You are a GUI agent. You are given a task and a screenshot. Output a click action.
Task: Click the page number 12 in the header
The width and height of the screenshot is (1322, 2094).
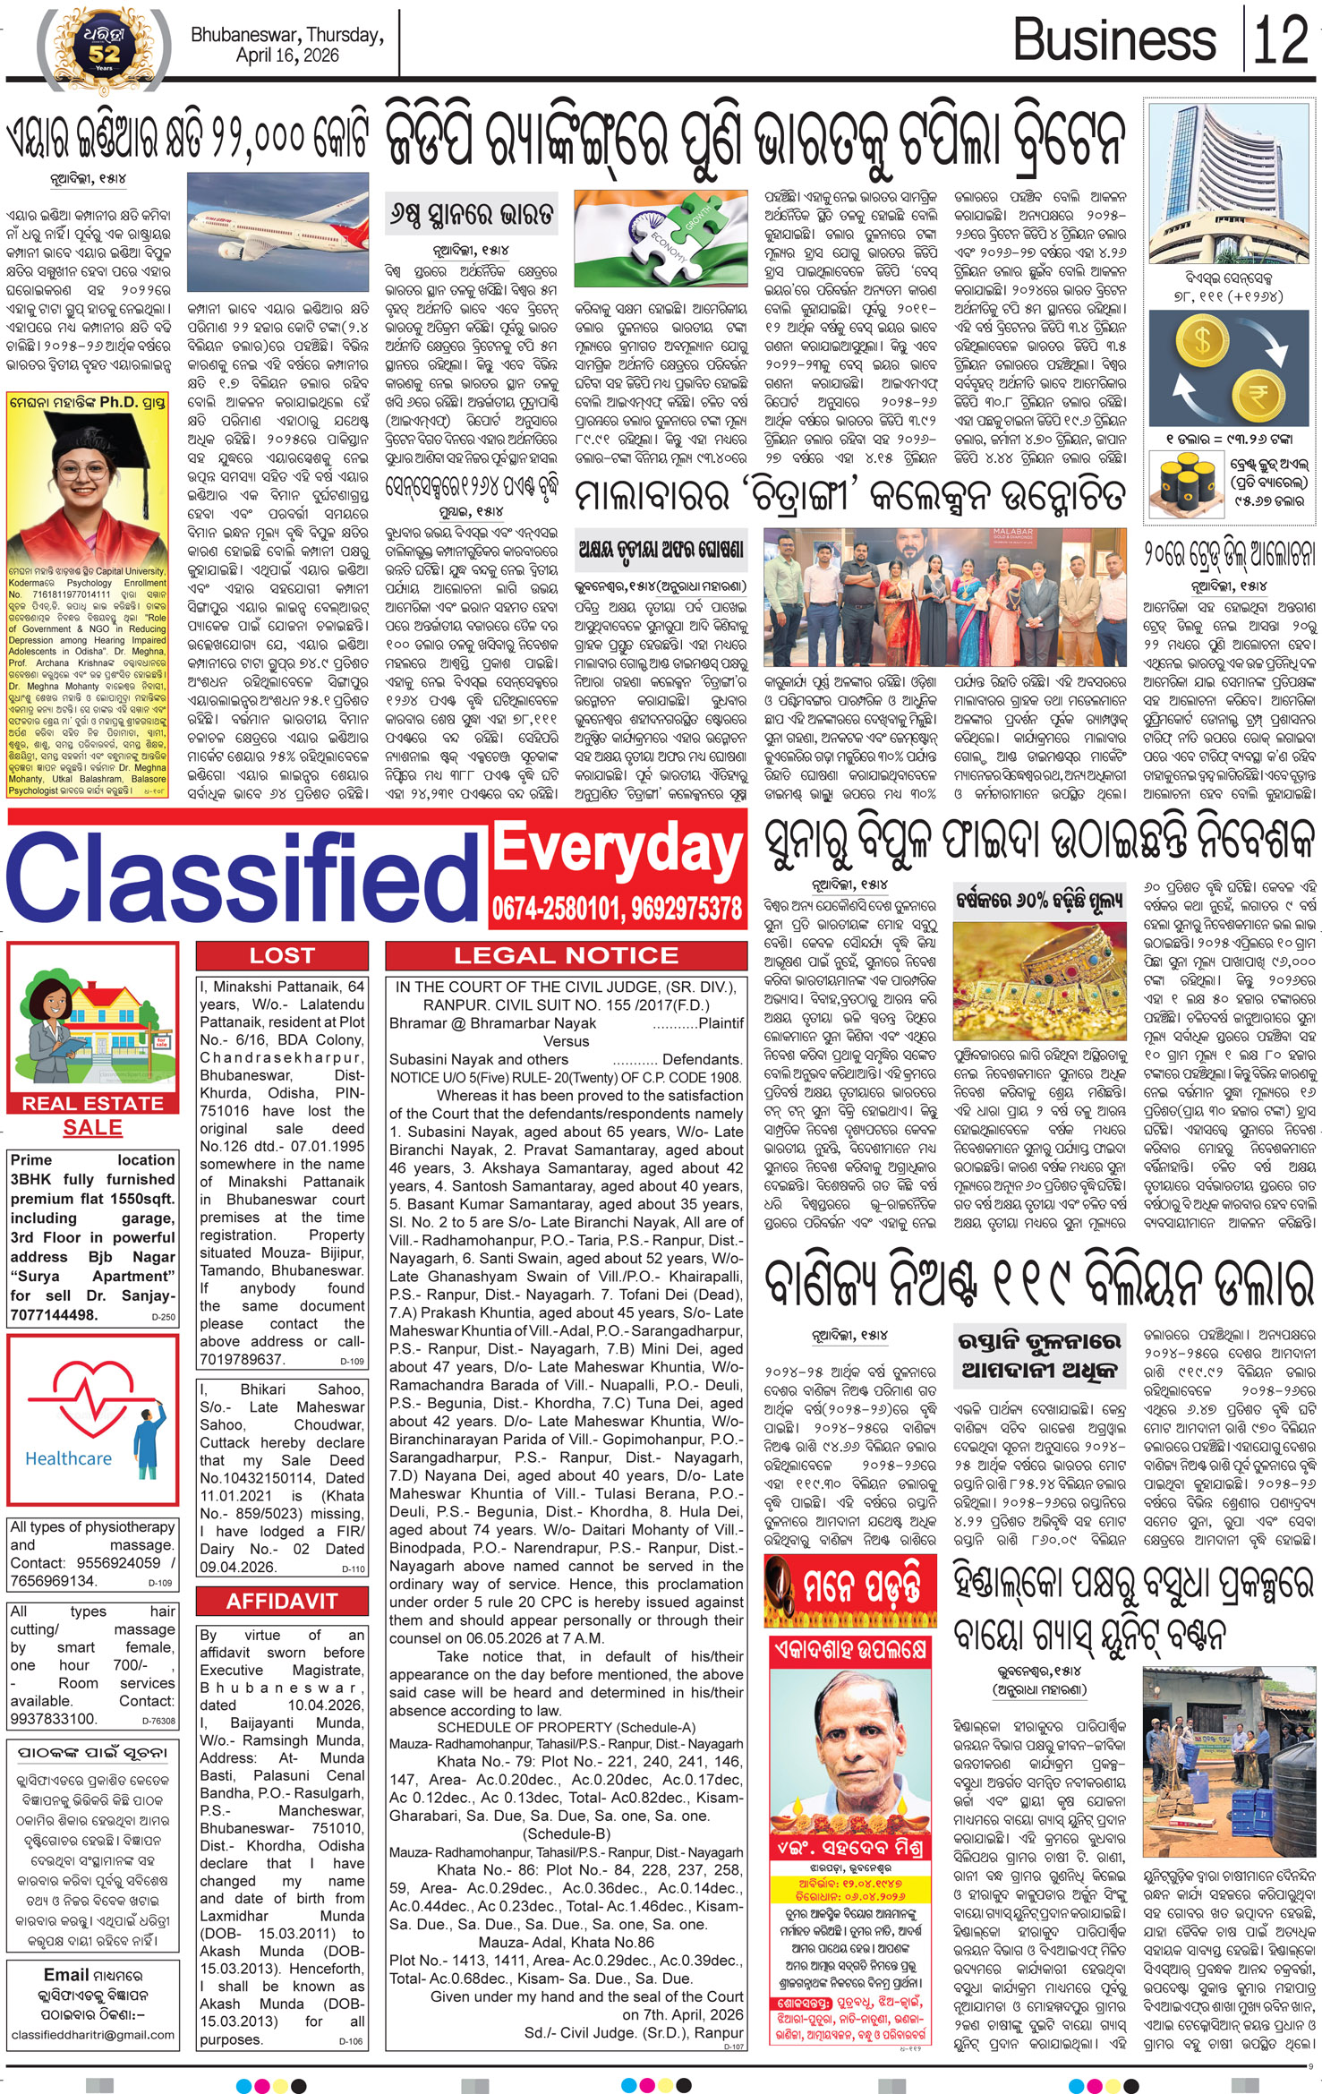click(1282, 39)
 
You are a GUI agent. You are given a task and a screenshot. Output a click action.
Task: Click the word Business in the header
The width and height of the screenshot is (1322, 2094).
click(1114, 40)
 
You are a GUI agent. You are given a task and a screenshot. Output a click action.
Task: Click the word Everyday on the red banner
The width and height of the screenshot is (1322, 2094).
click(618, 848)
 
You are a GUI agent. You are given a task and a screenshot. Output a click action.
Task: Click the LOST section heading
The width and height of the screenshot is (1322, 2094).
click(281, 955)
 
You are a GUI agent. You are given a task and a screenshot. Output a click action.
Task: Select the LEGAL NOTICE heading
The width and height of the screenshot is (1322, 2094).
click(566, 955)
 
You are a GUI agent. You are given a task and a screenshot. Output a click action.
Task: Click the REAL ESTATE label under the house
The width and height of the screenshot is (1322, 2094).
click(92, 1103)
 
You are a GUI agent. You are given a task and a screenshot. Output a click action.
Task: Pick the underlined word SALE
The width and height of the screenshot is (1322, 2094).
click(92, 1127)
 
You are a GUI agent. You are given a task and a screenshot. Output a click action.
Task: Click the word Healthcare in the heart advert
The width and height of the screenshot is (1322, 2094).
click(68, 1458)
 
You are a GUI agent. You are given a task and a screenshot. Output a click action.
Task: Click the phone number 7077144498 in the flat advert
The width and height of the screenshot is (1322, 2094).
click(54, 1315)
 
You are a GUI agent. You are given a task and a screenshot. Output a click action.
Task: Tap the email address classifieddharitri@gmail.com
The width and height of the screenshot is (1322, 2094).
click(93, 2034)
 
